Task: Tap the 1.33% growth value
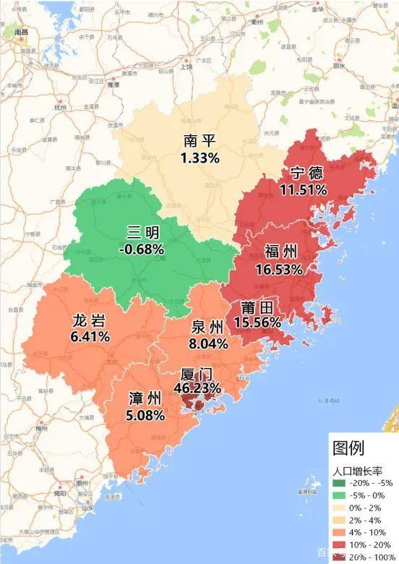click(200, 157)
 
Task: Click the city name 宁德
click(306, 174)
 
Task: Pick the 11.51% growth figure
click(304, 189)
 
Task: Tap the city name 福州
click(280, 252)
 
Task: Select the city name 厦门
click(197, 373)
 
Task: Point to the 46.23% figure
click(197, 388)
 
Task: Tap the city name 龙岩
click(90, 320)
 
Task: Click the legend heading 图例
click(348, 448)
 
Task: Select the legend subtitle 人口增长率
click(357, 469)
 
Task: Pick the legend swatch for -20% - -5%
click(339, 483)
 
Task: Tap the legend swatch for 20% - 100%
click(339, 556)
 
